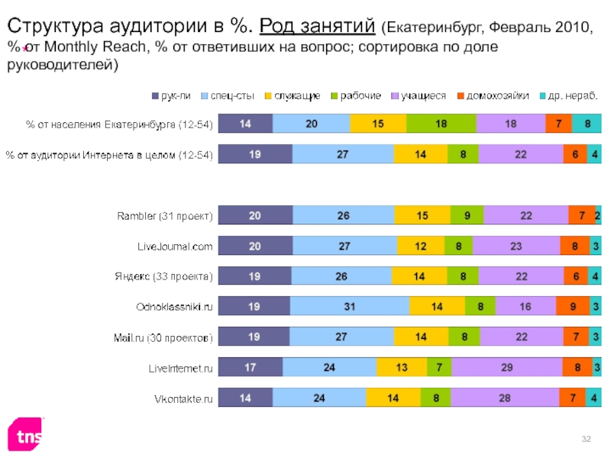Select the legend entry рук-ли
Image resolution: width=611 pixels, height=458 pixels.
point(172,96)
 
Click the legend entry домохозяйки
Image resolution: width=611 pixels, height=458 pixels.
point(496,96)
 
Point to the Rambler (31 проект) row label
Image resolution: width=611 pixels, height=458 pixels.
point(163,216)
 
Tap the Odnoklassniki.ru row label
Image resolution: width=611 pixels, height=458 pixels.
point(175,306)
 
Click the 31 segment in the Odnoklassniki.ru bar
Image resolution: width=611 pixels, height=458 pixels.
point(349,306)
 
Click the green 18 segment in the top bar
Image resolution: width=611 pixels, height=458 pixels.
point(441,124)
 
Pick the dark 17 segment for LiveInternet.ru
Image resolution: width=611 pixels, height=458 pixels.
point(251,367)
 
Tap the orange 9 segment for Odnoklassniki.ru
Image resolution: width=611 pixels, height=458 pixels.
point(572,306)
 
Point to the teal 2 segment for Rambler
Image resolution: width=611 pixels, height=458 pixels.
point(597,216)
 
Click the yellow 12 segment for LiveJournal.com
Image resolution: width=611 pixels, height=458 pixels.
point(420,246)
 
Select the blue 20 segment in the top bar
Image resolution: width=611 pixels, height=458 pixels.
point(311,124)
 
